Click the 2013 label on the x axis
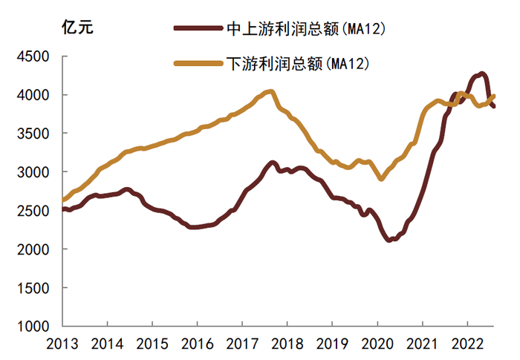click(62, 344)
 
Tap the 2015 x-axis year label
click(152, 344)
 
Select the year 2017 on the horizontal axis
click(242, 344)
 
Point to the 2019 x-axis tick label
click(332, 344)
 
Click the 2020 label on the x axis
click(377, 344)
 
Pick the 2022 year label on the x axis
click(467, 344)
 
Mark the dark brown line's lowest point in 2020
click(390, 240)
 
